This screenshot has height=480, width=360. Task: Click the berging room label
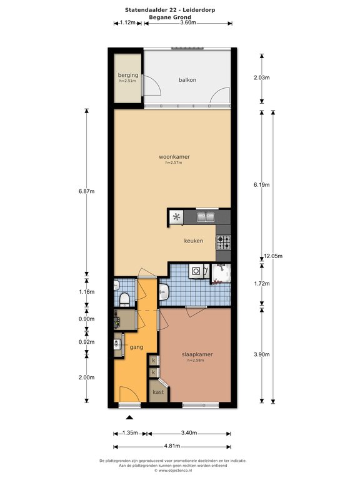pyautogui.click(x=128, y=75)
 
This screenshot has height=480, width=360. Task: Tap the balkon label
pyautogui.click(x=187, y=80)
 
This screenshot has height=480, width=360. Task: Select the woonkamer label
pyautogui.click(x=174, y=157)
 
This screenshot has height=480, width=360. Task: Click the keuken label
pyautogui.click(x=194, y=241)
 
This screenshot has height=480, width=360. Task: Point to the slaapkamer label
pyautogui.click(x=197, y=354)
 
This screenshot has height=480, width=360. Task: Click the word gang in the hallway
pyautogui.click(x=136, y=347)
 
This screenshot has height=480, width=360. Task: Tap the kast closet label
pyautogui.click(x=158, y=392)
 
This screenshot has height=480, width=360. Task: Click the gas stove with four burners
pyautogui.click(x=224, y=242)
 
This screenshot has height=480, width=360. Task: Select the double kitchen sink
pyautogui.click(x=206, y=217)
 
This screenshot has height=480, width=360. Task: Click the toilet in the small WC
pyautogui.click(x=124, y=299)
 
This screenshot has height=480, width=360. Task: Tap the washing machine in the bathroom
pyautogui.click(x=196, y=271)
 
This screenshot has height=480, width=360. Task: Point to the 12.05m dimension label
pyautogui.click(x=273, y=256)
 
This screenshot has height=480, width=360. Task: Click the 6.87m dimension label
pyautogui.click(x=87, y=191)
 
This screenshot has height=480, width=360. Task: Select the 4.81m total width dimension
pyautogui.click(x=172, y=446)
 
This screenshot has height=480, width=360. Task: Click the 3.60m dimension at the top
pyautogui.click(x=188, y=22)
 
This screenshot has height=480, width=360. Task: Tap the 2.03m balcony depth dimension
pyautogui.click(x=262, y=77)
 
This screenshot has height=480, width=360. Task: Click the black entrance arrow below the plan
pyautogui.click(x=130, y=417)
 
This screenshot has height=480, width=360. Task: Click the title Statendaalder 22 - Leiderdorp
pyautogui.click(x=170, y=10)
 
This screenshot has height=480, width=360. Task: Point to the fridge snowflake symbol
pyautogui.click(x=177, y=217)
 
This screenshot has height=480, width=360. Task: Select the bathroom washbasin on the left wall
pyautogui.click(x=164, y=292)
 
